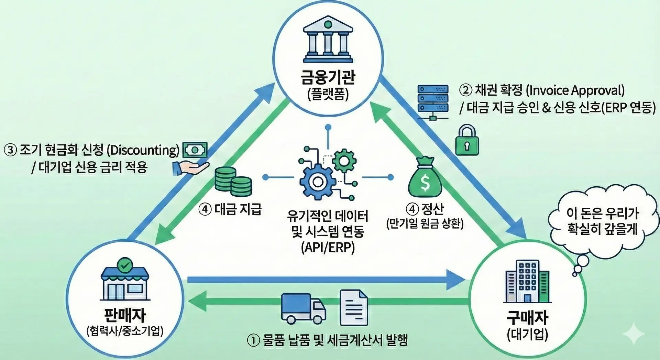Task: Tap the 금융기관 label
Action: (x=328, y=77)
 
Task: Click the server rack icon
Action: (x=433, y=102)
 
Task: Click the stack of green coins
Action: (x=233, y=182)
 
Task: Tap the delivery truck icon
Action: (x=303, y=308)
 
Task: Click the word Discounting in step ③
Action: (x=143, y=150)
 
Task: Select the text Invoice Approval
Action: (x=575, y=90)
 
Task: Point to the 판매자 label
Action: (x=125, y=315)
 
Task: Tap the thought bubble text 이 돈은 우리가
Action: (x=602, y=213)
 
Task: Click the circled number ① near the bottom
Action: (x=253, y=340)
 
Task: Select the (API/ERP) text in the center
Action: (x=328, y=248)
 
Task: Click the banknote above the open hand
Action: (x=195, y=150)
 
